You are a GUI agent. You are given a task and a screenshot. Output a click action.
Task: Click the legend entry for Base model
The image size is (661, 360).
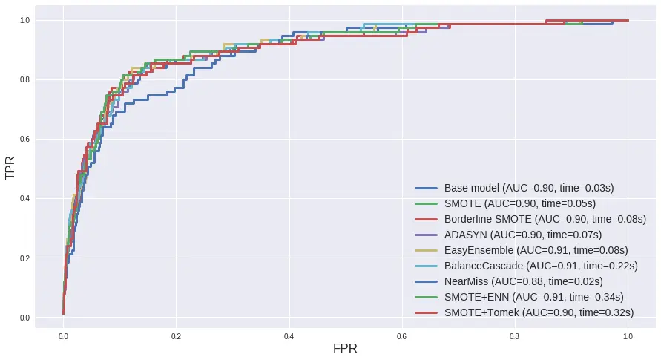pyautogui.click(x=529, y=188)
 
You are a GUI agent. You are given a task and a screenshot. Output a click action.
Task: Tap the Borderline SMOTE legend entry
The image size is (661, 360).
pyautogui.click(x=539, y=219)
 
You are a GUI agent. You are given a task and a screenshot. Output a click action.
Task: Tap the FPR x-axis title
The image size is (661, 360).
pyautogui.click(x=345, y=349)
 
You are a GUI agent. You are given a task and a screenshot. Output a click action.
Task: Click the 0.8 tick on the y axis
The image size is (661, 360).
pyautogui.click(x=26, y=79)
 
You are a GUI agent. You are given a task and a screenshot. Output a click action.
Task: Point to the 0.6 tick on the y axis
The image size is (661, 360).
pyautogui.click(x=26, y=140)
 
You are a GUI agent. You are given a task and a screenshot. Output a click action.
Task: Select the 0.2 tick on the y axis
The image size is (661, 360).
pyautogui.click(x=26, y=258)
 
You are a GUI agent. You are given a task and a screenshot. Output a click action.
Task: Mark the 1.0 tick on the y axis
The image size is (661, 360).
pyautogui.click(x=26, y=20)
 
